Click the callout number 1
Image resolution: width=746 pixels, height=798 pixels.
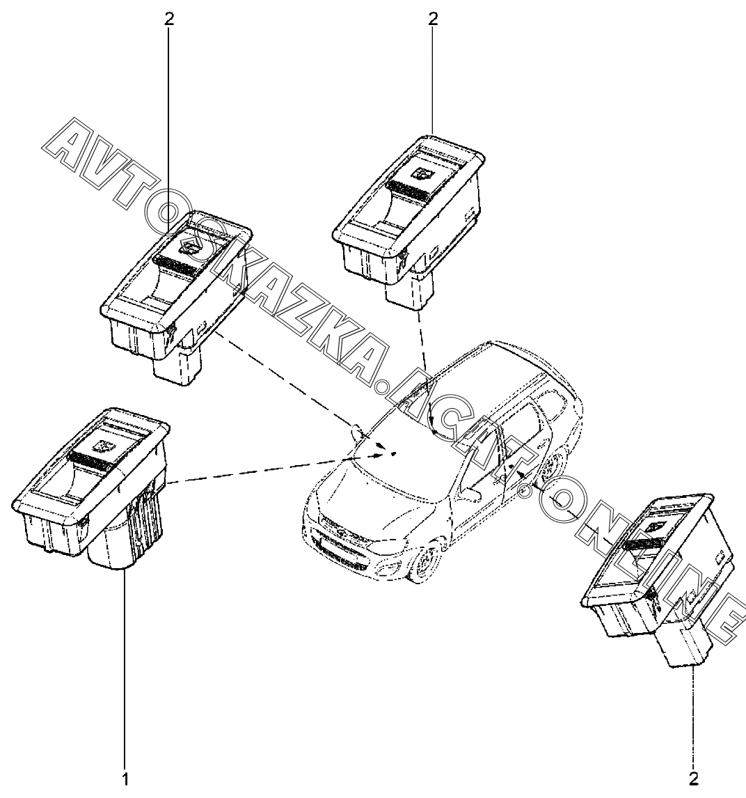point(125,776)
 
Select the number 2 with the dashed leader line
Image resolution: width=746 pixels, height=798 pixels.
point(693,776)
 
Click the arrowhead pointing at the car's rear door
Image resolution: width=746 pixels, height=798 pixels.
point(521,474)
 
